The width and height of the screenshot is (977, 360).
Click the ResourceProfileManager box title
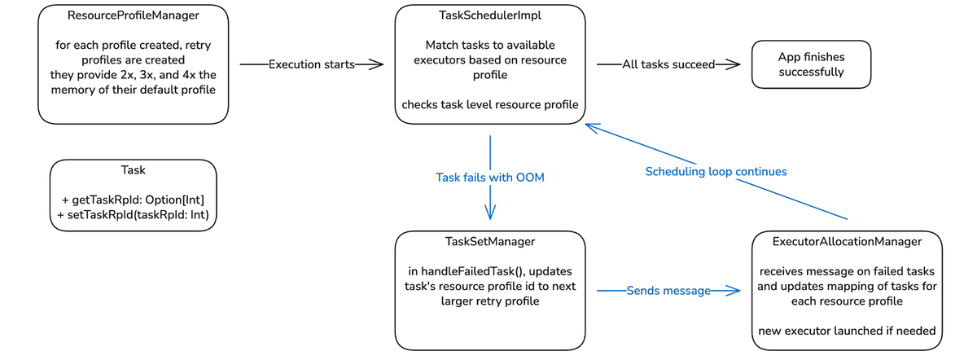click(133, 15)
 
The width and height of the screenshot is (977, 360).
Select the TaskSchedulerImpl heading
click(489, 15)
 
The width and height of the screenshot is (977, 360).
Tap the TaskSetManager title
click(489, 242)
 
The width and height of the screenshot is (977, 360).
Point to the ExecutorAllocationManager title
click(847, 242)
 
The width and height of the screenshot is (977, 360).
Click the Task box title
click(133, 170)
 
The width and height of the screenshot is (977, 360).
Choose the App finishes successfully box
click(811, 64)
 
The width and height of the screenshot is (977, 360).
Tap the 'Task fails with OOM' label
click(489, 178)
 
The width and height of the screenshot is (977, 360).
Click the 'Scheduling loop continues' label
click(716, 172)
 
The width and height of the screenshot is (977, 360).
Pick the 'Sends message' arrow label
click(668, 291)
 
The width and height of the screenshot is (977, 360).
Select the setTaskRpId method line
click(133, 215)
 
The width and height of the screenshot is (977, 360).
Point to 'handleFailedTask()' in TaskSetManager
click(465, 271)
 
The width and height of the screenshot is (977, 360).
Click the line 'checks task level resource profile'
click(489, 104)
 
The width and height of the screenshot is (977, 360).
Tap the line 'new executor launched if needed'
click(847, 331)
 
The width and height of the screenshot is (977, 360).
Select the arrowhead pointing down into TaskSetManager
click(490, 213)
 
